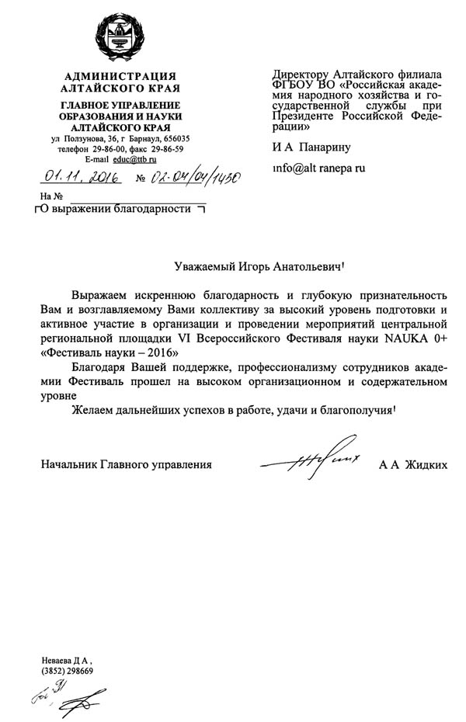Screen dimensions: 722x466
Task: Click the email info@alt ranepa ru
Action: click(318, 167)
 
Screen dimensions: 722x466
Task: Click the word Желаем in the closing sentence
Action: click(94, 410)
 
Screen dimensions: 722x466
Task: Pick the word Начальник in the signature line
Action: click(68, 465)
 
